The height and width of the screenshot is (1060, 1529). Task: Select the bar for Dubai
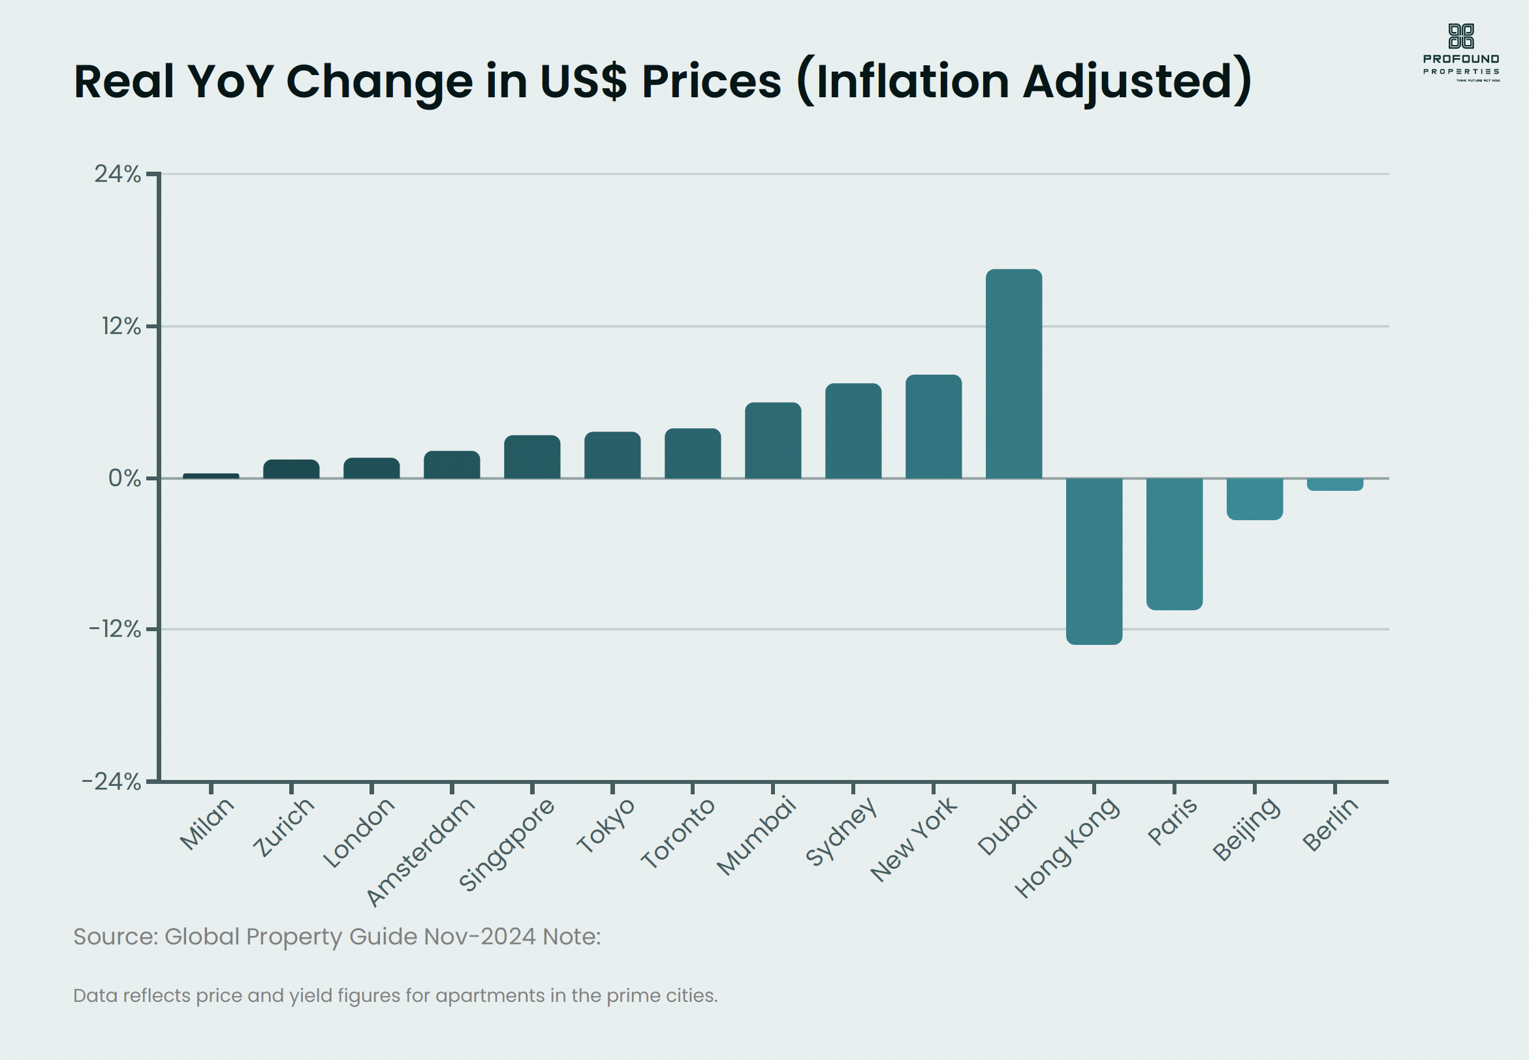(1014, 373)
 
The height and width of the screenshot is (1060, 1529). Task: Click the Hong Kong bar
(1094, 561)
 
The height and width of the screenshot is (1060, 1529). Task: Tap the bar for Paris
(1174, 543)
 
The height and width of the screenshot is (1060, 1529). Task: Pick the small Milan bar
(212, 476)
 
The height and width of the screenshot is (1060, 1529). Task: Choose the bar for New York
(933, 426)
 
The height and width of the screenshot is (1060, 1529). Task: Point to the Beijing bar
(1255, 499)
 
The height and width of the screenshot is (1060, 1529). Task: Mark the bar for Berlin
(1335, 484)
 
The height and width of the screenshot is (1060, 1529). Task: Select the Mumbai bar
(773, 441)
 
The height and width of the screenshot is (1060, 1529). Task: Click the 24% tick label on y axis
(118, 174)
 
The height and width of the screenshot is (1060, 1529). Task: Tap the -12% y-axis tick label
(115, 629)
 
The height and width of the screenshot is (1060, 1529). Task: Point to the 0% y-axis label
(124, 478)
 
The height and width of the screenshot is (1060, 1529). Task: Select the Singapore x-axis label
(507, 843)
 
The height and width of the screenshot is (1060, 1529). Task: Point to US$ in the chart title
(583, 82)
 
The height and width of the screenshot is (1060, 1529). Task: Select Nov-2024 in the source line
(480, 937)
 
